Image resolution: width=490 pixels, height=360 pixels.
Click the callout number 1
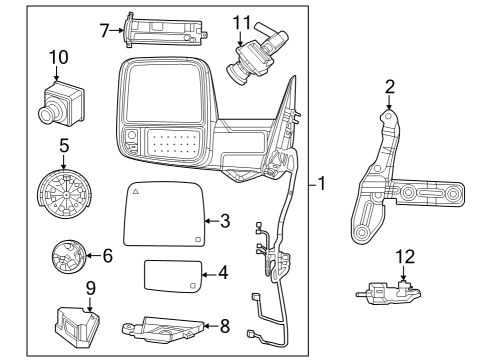[323, 185]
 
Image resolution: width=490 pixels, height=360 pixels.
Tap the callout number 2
[390, 88]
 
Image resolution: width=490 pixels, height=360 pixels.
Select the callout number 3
[225, 219]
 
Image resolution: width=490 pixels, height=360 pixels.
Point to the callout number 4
[224, 271]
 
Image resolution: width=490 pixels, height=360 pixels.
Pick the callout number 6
[105, 256]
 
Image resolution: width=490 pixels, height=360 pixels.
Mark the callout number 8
[225, 325]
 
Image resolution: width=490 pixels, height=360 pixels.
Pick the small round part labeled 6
[71, 259]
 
